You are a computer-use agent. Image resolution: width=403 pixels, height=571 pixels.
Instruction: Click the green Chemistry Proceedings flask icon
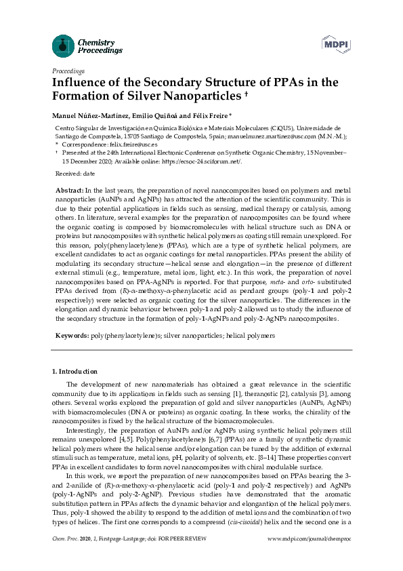63,46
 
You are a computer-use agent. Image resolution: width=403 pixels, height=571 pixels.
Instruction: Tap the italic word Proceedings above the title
68,71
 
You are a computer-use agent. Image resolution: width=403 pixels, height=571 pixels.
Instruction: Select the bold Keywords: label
72,336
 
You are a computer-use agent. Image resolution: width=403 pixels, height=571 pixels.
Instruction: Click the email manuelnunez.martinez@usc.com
284,136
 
